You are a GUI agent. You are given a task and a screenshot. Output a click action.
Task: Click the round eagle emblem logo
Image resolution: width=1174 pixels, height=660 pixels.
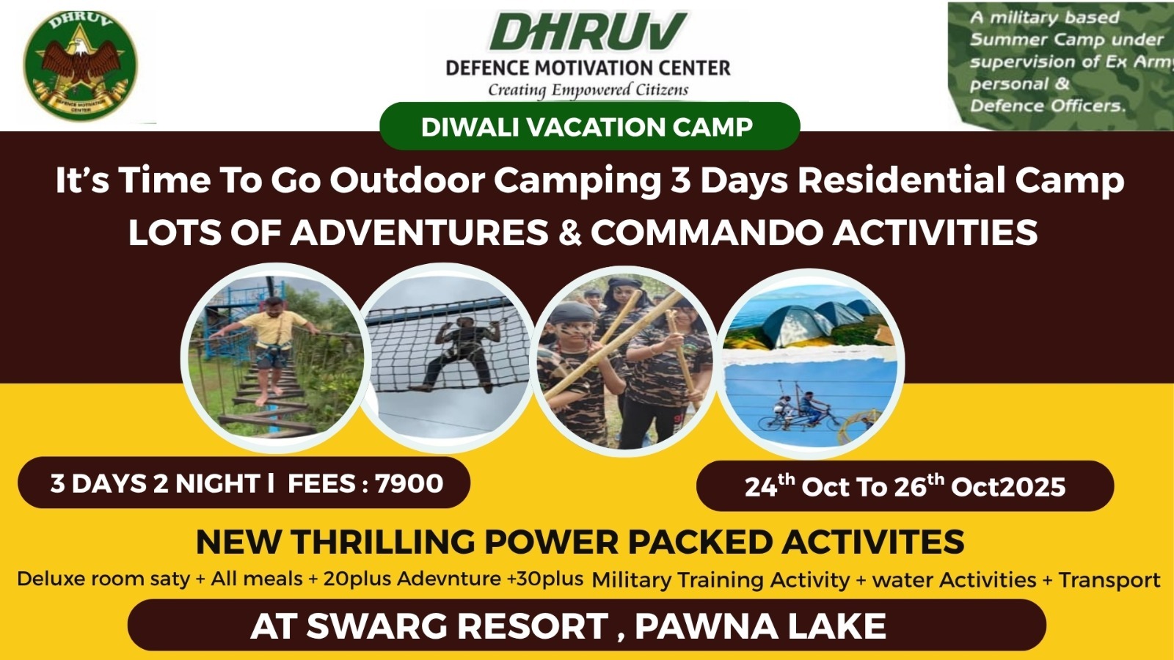pyautogui.click(x=80, y=65)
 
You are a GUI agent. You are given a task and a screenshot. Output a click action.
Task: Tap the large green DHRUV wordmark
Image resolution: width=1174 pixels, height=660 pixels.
pyautogui.click(x=588, y=32)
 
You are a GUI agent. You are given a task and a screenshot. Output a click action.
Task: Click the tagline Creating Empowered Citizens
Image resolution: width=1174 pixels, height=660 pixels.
pyautogui.click(x=588, y=90)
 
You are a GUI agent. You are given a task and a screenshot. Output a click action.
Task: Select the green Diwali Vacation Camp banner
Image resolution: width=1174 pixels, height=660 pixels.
pyautogui.click(x=590, y=126)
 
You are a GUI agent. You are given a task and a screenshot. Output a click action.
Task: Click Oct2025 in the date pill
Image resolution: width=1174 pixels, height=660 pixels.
pyautogui.click(x=1008, y=487)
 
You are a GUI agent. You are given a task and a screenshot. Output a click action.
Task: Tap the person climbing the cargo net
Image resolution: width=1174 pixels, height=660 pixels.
pyautogui.click(x=460, y=353)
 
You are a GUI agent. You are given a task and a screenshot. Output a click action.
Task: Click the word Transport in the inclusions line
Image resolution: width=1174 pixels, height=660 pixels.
pyautogui.click(x=1109, y=580)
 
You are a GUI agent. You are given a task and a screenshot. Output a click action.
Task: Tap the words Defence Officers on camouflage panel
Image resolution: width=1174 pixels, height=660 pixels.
pyautogui.click(x=1047, y=106)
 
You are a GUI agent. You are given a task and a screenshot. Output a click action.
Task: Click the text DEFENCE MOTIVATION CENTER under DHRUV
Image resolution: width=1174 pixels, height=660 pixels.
pyautogui.click(x=588, y=68)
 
